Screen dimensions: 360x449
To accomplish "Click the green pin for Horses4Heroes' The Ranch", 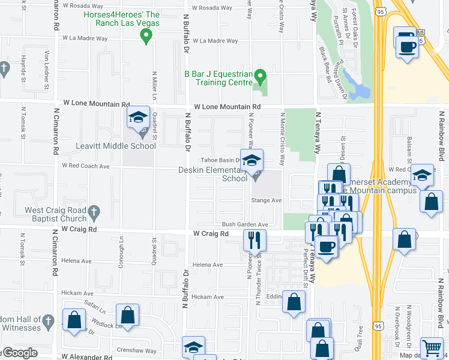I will coord(145,37).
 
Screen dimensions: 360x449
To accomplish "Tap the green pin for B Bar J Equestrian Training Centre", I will coord(260,76).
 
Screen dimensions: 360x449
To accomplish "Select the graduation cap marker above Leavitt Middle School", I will coord(139,118).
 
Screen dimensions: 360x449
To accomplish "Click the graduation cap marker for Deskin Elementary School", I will coord(252,160).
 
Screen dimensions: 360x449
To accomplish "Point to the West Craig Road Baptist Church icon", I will coord(91,211).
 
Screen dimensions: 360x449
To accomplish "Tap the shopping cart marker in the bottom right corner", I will coord(432,347).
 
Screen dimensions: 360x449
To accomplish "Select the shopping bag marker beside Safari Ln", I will coord(128,315).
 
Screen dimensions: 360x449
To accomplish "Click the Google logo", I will coord(19,352).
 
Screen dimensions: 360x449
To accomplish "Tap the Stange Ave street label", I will coord(266,200).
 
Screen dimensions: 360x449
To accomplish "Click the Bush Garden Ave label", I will coord(244,224).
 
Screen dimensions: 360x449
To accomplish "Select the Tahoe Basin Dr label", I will coord(220,160).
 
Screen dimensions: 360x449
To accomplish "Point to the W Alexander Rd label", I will coord(90,356).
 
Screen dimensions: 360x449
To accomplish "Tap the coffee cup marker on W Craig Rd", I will coord(326,246).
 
